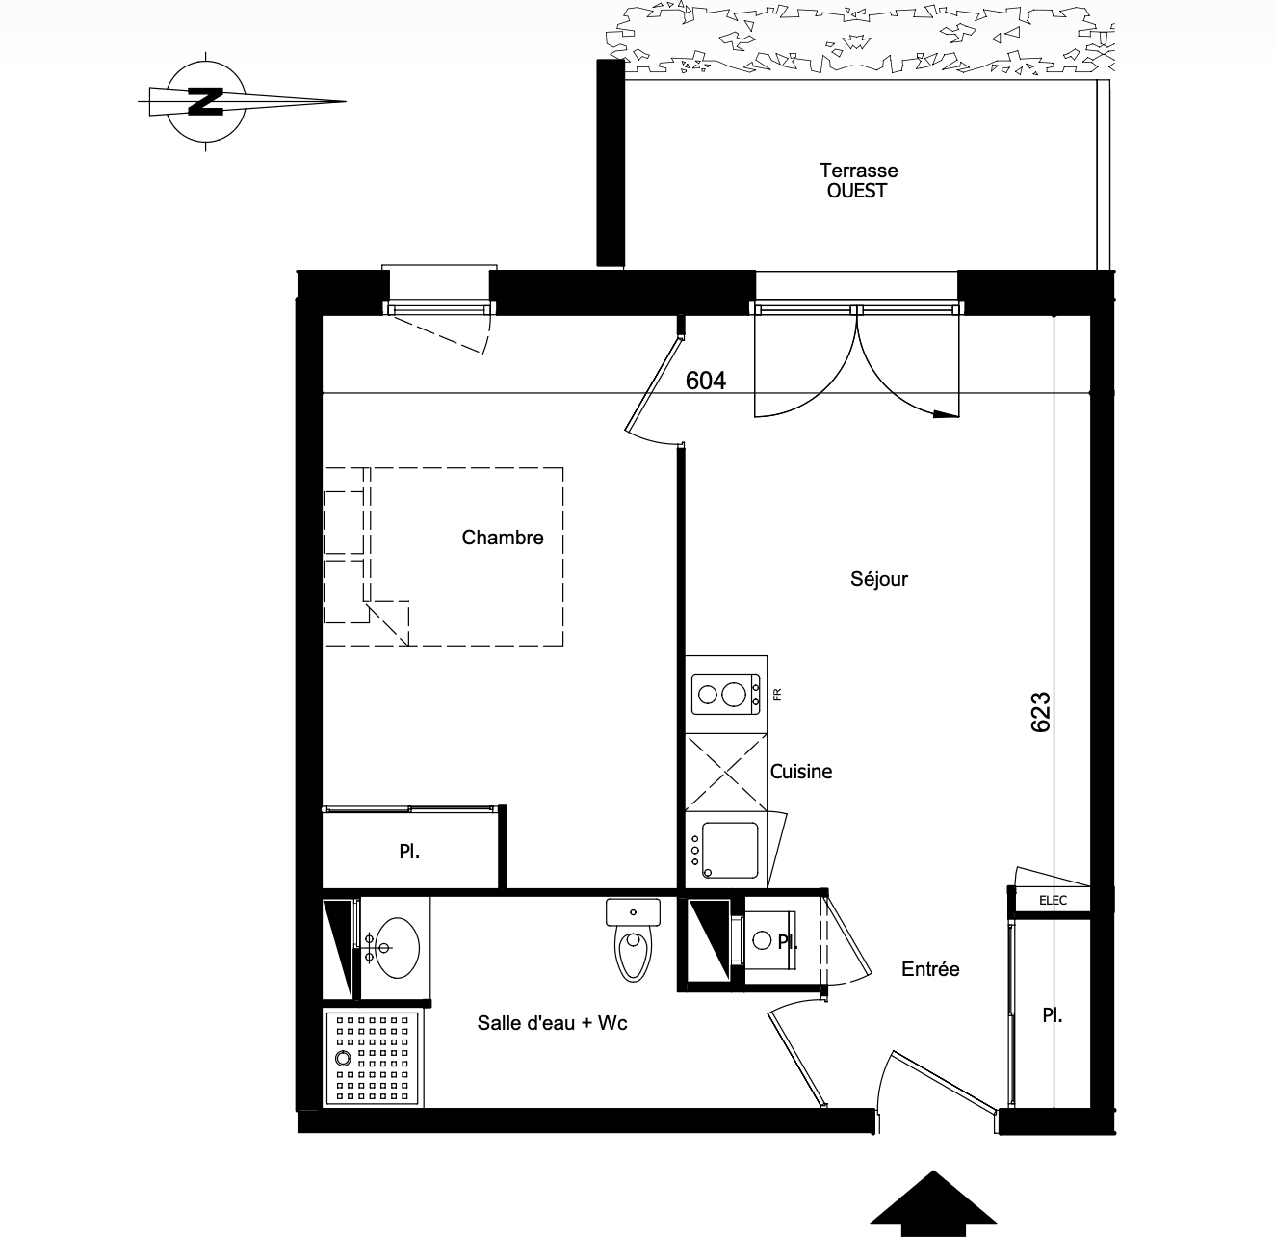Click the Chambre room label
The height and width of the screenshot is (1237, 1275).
coord(503,538)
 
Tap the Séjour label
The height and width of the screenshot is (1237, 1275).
coord(878,579)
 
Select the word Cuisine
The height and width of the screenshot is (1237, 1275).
coord(800,772)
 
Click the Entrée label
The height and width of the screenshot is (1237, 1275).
coord(930,969)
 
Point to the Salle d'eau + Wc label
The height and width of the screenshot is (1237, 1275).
coord(553,1023)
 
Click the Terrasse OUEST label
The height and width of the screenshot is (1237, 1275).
coord(858,180)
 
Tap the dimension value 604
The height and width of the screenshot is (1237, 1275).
coord(706,381)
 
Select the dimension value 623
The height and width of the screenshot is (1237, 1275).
coord(1040,712)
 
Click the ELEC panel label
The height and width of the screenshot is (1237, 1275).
coord(1053,901)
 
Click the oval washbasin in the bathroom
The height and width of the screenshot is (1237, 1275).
coord(397,947)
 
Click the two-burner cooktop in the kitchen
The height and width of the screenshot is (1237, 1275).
coord(726,695)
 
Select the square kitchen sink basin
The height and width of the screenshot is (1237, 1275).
coord(730,851)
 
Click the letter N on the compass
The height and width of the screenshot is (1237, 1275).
coord(206,101)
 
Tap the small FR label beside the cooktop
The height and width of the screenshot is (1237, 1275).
coord(778,695)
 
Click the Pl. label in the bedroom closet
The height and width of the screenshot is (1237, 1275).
coord(409,852)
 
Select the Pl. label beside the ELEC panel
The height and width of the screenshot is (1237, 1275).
coord(1053,1016)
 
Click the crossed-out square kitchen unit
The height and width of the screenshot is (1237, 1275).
coord(726,773)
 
